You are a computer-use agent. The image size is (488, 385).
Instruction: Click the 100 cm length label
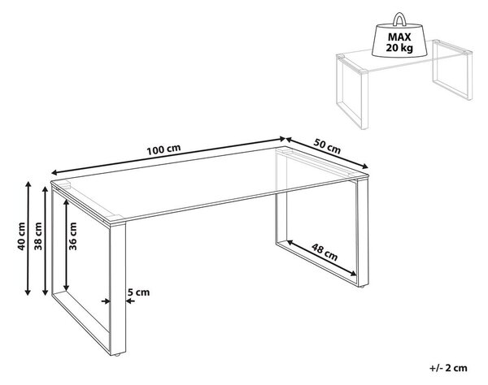click(163, 149)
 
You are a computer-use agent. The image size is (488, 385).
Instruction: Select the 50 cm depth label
click(327, 146)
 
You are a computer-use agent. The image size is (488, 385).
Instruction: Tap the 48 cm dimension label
click(325, 253)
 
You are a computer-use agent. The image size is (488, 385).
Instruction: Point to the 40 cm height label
click(21, 236)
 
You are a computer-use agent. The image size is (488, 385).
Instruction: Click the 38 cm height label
click(38, 236)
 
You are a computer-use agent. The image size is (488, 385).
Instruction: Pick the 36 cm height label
click(72, 236)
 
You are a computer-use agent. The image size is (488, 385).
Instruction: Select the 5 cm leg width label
click(138, 292)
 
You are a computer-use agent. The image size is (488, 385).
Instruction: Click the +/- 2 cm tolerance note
click(448, 368)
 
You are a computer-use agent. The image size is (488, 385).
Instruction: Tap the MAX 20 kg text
click(399, 42)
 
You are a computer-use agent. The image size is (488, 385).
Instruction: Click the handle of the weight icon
click(399, 19)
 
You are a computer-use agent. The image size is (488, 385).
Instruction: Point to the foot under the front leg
click(117, 355)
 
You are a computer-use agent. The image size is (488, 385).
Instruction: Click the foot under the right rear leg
click(362, 286)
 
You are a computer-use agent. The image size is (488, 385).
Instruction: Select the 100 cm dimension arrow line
click(168, 156)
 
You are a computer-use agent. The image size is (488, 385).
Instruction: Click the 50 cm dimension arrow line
click(327, 153)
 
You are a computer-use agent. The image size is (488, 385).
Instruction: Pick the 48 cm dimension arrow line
click(322, 258)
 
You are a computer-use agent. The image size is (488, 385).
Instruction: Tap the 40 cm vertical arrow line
click(28, 238)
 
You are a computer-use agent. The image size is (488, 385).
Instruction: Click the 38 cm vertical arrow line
click(45, 240)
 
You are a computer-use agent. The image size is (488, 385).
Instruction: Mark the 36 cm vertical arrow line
click(66, 244)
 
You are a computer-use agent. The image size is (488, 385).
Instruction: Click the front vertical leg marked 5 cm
click(118, 288)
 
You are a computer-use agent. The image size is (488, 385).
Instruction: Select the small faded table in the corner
click(404, 84)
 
